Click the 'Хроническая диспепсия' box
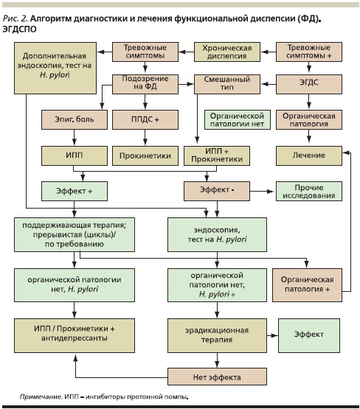tap(227, 52)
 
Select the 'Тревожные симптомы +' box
tap(309, 52)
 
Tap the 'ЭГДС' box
tap(309, 84)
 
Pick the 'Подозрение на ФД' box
tap(145, 84)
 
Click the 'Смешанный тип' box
tap(227, 84)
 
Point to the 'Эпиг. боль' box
tap(75, 119)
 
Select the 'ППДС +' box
tap(145, 119)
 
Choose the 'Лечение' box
tap(309, 155)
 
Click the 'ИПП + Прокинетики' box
tap(217, 155)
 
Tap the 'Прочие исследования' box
tap(309, 191)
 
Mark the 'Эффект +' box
tap(75, 191)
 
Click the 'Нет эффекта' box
tap(217, 377)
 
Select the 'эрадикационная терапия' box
tap(217, 335)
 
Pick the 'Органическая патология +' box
tap(307, 285)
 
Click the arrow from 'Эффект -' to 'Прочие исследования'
tap(262, 192)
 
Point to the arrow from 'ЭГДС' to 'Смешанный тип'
tap(268, 84)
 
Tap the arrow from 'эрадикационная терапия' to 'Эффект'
tap(272, 335)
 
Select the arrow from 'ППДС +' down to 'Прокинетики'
tap(145, 137)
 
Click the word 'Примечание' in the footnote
tap(41, 397)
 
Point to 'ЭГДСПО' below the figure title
tap(19, 29)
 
